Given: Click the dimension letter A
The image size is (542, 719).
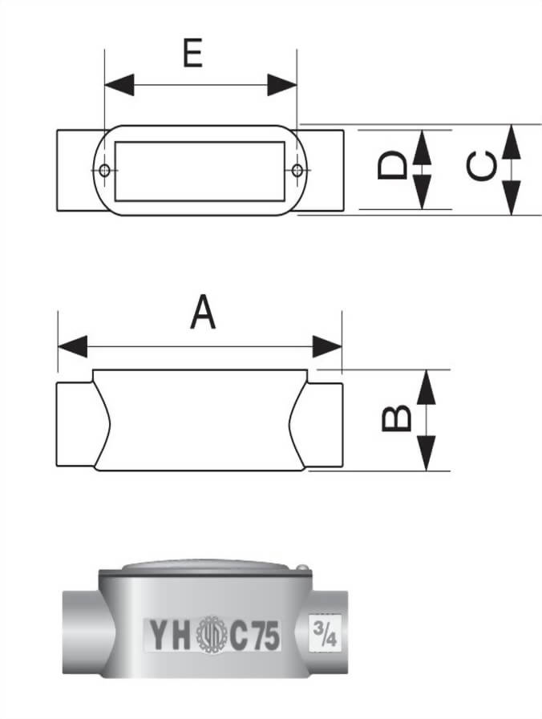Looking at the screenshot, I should (x=203, y=313).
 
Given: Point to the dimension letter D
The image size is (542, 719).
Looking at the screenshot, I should (x=392, y=168).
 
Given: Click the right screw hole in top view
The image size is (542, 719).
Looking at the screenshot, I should (x=297, y=170).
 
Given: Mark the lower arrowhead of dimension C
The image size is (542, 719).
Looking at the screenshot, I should (x=511, y=197).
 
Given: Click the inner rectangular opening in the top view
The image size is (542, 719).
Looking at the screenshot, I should (x=200, y=171).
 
